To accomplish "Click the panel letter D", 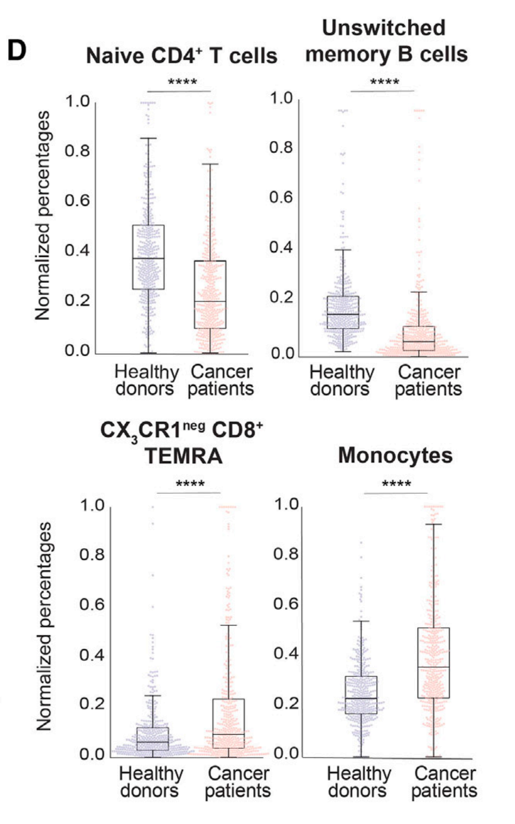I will pyautogui.click(x=17, y=51).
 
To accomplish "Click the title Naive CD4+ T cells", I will pyautogui.click(x=182, y=56).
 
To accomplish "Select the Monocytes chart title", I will pyautogui.click(x=395, y=456).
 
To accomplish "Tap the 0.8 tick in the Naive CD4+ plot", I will pyautogui.click(x=78, y=152).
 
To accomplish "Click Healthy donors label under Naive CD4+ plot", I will pyautogui.click(x=146, y=380).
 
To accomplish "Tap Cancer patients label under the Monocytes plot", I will pyautogui.click(x=444, y=782).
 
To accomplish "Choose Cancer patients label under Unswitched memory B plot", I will pyautogui.click(x=428, y=380).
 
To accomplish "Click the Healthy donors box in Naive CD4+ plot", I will pyautogui.click(x=148, y=257).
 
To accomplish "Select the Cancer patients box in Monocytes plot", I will pyautogui.click(x=433, y=662).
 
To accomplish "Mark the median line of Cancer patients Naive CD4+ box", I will pyautogui.click(x=210, y=302).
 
